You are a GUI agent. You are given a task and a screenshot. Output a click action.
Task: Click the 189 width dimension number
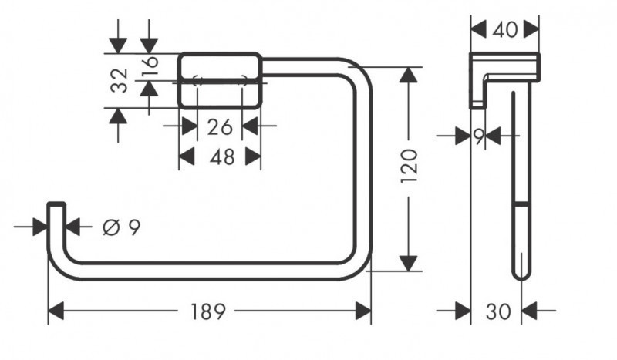tap(208, 311)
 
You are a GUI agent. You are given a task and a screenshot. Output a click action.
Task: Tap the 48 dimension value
tap(221, 157)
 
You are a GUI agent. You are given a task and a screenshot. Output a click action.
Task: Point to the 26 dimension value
tap(220, 127)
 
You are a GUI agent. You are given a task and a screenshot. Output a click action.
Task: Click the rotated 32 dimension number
tap(119, 80)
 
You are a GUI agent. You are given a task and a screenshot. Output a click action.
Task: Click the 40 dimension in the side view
tap(504, 30)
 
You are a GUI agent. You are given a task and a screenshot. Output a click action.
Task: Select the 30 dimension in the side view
tap(497, 311)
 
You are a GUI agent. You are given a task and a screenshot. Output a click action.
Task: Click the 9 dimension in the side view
tap(479, 136)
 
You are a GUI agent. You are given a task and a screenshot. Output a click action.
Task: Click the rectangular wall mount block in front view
tap(220, 80)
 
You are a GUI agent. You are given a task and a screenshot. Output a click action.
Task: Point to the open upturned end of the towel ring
tap(56, 207)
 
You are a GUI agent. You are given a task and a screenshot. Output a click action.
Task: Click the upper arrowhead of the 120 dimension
tap(409, 76)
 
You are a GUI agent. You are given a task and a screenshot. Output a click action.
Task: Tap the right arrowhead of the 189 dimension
tap(362, 311)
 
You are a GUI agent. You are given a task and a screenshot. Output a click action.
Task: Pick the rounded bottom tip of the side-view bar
tap(521, 274)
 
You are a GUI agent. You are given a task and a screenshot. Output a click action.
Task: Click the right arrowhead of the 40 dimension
tap(531, 30)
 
